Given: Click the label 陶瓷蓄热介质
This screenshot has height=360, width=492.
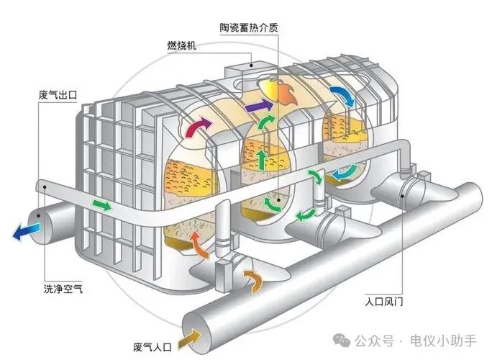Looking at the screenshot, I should (x=248, y=28).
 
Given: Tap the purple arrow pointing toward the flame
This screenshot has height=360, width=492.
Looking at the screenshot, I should (x=254, y=108).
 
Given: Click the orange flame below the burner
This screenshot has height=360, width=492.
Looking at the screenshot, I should (x=282, y=91).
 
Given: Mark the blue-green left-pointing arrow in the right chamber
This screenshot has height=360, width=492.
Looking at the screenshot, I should (x=344, y=174).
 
